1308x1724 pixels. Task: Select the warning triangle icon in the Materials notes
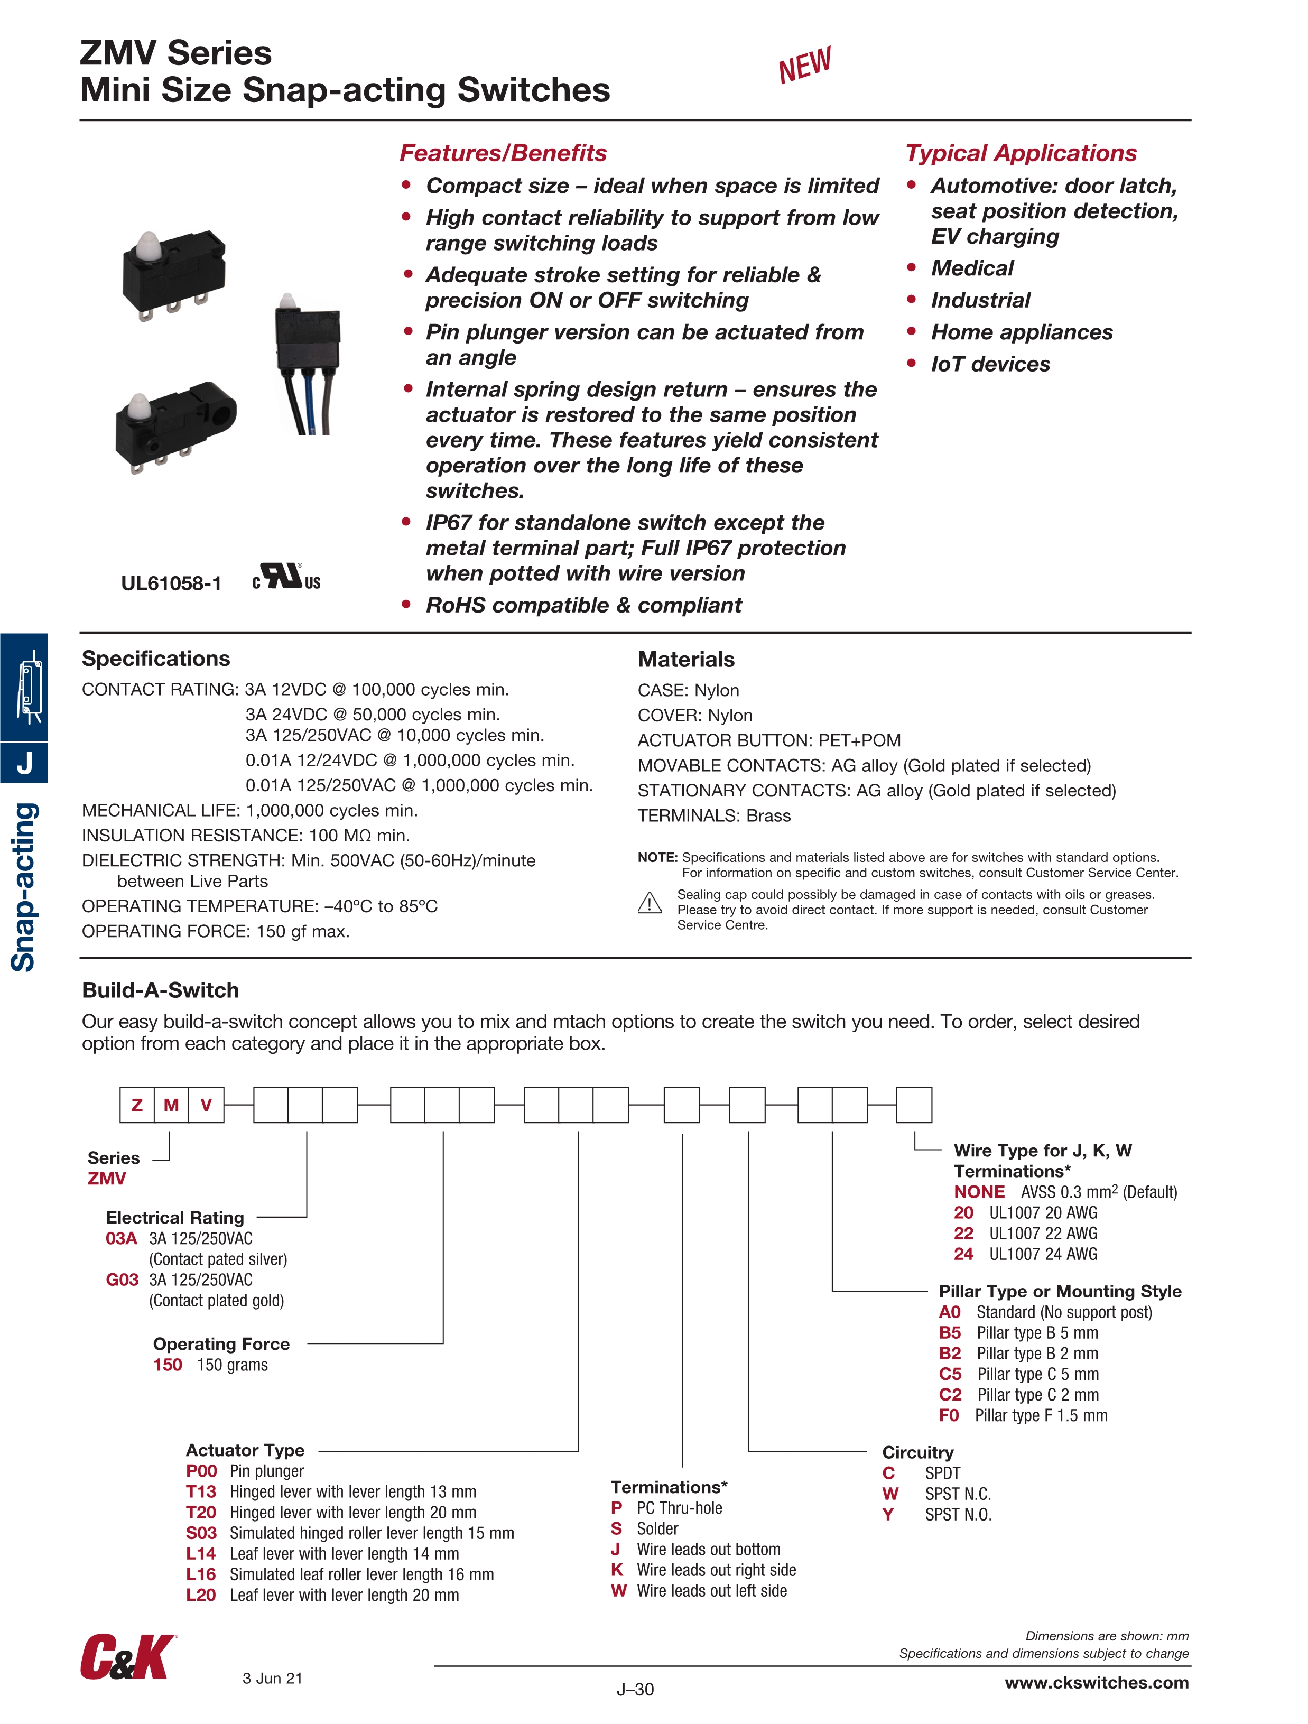(650, 903)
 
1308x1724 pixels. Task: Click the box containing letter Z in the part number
(137, 1105)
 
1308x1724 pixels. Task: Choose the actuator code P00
(201, 1471)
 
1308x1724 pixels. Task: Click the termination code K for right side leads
(617, 1570)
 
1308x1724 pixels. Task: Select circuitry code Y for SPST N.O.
(888, 1514)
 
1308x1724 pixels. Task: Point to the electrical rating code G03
(123, 1280)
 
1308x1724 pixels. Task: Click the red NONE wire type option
(979, 1192)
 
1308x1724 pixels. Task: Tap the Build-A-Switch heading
(161, 990)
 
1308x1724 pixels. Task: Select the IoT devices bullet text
(990, 364)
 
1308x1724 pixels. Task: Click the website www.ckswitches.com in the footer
(1097, 1683)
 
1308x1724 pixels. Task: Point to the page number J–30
(635, 1689)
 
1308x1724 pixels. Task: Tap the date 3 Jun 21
(272, 1678)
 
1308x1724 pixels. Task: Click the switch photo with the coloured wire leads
(307, 363)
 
